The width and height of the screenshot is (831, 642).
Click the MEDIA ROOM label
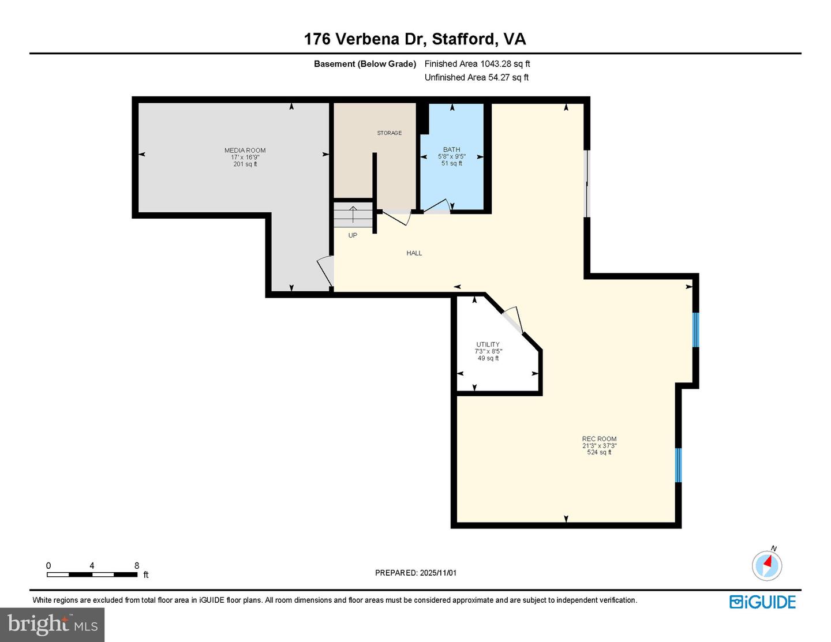(245, 151)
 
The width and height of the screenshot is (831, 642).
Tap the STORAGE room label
(390, 133)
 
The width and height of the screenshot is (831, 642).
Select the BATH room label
(451, 149)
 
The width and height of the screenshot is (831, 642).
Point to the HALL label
(414, 253)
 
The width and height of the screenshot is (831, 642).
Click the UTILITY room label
(488, 344)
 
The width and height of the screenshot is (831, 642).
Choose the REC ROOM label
(599, 439)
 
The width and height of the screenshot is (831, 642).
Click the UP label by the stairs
(353, 235)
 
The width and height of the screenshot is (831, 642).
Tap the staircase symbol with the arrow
(353, 215)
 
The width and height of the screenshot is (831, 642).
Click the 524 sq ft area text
(599, 452)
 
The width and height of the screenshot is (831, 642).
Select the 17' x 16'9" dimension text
(245, 157)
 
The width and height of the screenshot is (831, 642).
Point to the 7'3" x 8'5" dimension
(488, 351)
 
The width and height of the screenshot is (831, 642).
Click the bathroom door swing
(438, 207)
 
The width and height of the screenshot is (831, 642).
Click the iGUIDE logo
(762, 602)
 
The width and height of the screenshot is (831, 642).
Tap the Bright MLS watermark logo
(53, 625)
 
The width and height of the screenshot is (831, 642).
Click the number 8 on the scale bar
(137, 565)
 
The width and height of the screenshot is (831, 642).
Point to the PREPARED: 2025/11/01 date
(415, 573)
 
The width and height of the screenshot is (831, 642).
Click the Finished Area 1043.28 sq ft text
(477, 64)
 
